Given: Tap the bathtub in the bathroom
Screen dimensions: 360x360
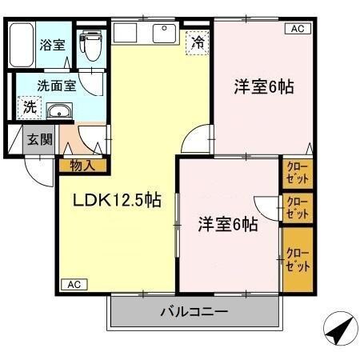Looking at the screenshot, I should [x=23, y=47].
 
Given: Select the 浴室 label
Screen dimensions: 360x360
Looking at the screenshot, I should [x=53, y=45].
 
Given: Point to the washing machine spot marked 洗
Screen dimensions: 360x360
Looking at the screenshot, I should [x=29, y=106].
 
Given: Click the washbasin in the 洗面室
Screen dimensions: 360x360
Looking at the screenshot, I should [x=58, y=113].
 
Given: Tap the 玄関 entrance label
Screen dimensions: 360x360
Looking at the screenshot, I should [x=37, y=139].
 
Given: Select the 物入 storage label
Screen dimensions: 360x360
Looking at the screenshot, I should [x=82, y=166].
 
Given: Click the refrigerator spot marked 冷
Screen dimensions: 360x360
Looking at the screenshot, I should [x=197, y=42].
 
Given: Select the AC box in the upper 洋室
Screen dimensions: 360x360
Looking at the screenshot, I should [x=297, y=29].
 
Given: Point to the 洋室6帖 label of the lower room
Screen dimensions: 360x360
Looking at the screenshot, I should [x=228, y=225].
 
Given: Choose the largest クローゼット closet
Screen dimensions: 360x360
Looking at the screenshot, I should [x=296, y=260].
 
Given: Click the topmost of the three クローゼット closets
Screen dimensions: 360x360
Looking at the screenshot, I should [x=296, y=172].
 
